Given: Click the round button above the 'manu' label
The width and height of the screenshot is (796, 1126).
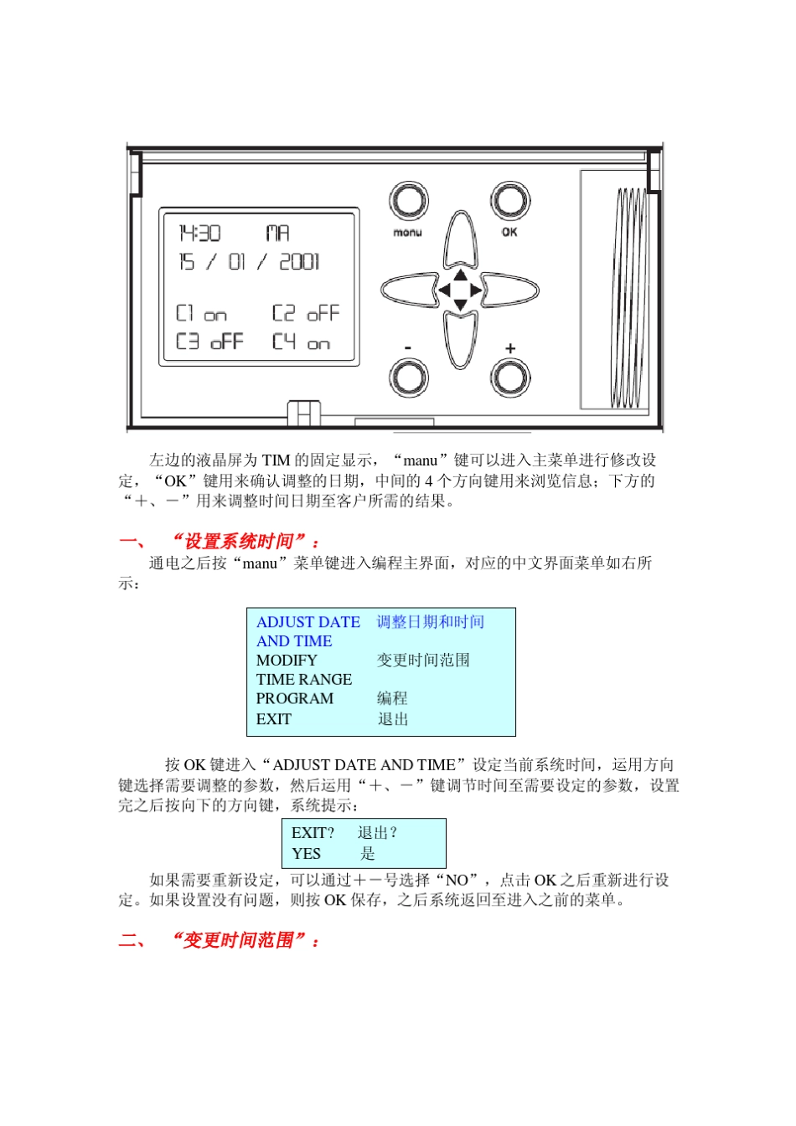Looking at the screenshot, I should [408, 201].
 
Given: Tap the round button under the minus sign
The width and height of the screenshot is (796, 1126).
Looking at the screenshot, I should [408, 378].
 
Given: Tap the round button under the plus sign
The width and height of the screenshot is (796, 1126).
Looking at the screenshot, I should [510, 378].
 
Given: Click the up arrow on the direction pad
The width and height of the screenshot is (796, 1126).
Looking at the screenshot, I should [460, 274].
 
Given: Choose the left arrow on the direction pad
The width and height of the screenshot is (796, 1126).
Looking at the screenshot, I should [444, 290].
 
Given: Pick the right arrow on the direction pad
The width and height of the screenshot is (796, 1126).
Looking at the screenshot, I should [476, 290].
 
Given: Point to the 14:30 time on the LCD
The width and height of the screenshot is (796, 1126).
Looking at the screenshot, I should [199, 233].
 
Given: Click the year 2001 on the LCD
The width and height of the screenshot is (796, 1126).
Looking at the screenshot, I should [299, 262].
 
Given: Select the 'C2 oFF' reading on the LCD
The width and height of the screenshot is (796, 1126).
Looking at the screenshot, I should [306, 313].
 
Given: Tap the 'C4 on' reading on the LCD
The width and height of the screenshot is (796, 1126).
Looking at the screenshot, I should [301, 342].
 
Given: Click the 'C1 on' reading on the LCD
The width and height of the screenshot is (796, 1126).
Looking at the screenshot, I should [201, 313].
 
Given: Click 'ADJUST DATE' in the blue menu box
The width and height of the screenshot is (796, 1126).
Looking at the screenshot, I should [308, 622].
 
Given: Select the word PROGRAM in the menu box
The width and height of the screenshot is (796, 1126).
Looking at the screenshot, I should [294, 698].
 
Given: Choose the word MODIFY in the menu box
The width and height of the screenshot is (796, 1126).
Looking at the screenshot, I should [287, 660].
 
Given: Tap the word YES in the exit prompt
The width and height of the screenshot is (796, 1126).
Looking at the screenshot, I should [306, 853].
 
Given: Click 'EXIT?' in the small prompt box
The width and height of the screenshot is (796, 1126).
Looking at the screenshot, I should [313, 832].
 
